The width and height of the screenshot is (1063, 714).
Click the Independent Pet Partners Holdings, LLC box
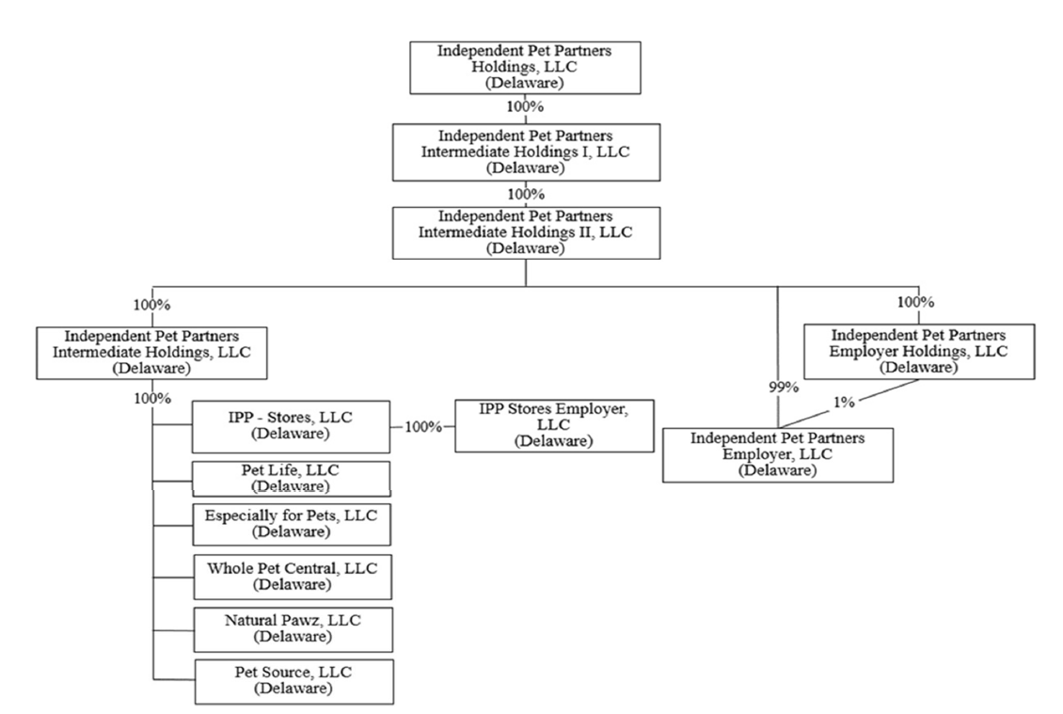[524, 66]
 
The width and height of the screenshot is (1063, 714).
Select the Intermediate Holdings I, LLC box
[524, 151]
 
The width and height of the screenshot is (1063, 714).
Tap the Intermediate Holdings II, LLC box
[524, 233]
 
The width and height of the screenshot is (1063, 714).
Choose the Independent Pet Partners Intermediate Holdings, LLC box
[151, 352]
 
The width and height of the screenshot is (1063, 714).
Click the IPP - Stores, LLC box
[291, 426]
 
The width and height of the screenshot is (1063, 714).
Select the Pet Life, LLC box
[291, 478]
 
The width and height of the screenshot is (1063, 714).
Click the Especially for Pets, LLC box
[291, 523]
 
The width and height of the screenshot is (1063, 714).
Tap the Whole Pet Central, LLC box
[291, 577]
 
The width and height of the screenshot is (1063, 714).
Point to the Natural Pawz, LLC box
[291, 629]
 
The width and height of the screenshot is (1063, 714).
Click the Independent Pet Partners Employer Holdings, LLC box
[919, 351]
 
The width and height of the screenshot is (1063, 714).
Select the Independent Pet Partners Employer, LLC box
[777, 454]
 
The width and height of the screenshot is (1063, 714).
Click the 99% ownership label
[777, 387]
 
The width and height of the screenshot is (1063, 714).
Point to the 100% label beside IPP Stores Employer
[422, 427]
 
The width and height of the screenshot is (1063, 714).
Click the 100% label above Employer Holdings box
[915, 303]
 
